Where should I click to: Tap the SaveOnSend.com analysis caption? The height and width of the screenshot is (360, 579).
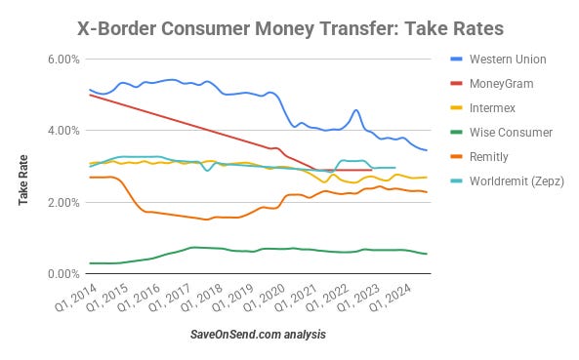tap(259, 336)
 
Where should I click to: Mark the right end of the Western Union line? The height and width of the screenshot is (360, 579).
tap(427, 150)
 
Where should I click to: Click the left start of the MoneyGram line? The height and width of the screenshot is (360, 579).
tap(89, 95)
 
